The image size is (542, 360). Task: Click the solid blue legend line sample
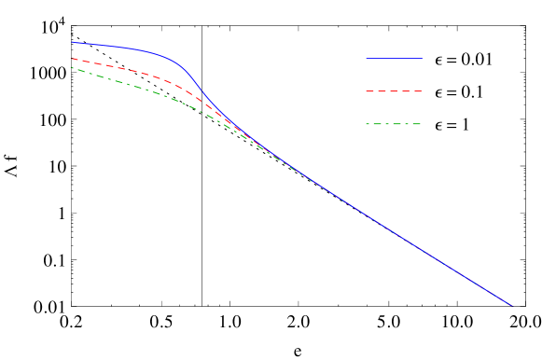[394, 58]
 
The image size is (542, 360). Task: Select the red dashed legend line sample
[394, 91]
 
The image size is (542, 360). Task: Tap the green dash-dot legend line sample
[394, 124]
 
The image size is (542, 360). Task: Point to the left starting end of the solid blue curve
[72, 42]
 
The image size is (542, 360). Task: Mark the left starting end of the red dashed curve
[72, 58]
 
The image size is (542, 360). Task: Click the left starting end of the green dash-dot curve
[72, 67]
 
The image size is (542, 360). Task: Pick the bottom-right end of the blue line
[512, 305]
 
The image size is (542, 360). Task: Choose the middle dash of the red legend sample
[394, 91]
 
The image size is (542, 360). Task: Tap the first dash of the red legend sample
[369, 91]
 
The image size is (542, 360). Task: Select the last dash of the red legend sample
[417, 91]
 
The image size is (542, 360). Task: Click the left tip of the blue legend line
[367, 58]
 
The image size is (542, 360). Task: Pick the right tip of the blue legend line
[422, 58]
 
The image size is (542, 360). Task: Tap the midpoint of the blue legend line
[394, 58]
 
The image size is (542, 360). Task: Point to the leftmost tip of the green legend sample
[367, 124]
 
